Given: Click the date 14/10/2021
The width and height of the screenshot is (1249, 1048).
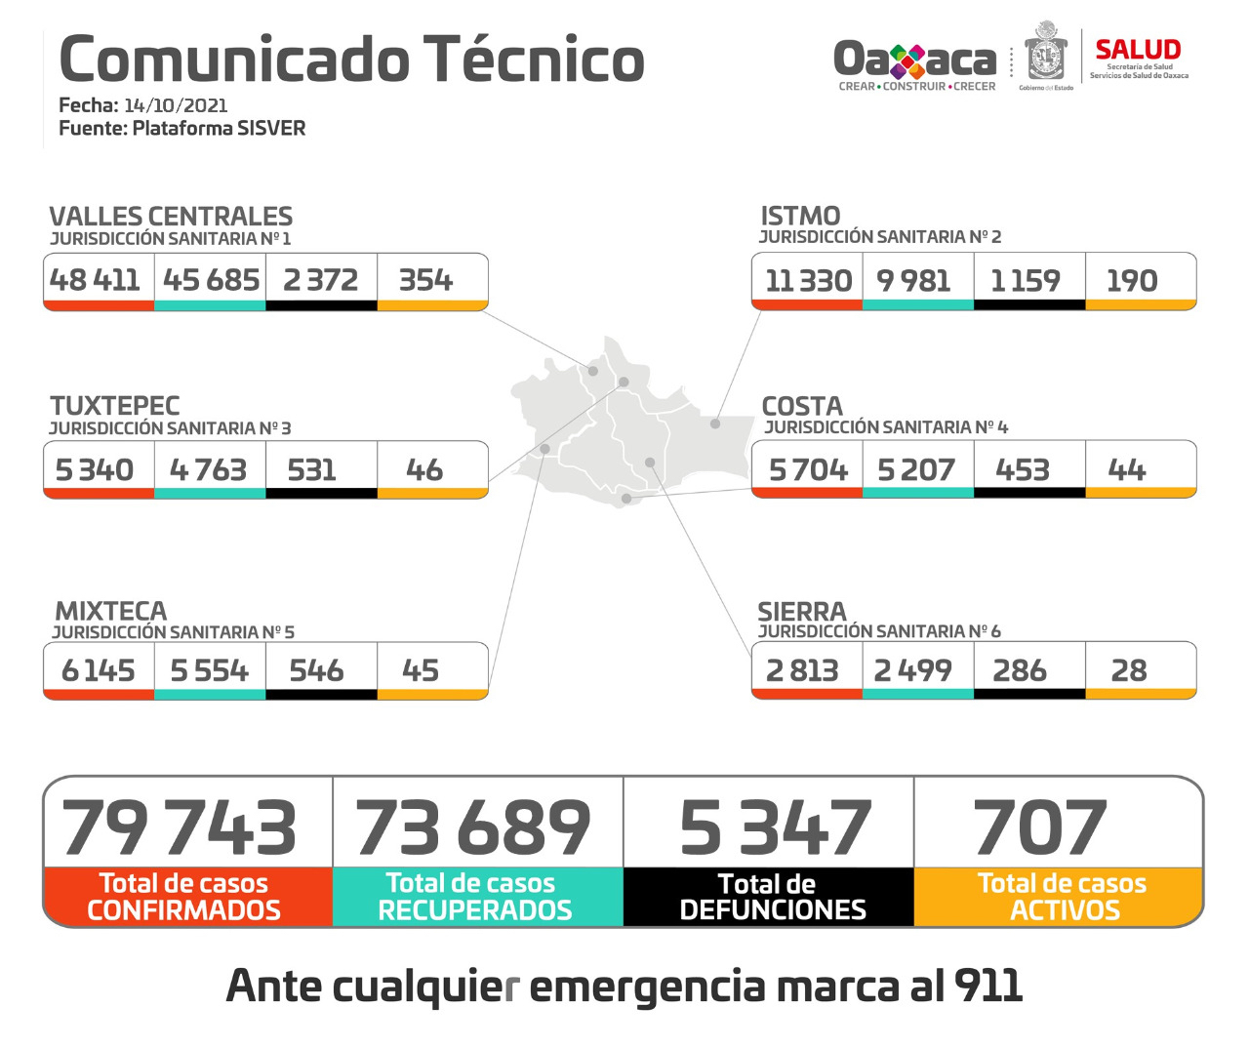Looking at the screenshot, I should click(x=176, y=105).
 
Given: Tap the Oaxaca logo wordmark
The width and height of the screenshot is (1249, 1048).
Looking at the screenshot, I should click(x=914, y=60).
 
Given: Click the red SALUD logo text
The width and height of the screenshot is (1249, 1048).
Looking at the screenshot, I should click(x=1138, y=50).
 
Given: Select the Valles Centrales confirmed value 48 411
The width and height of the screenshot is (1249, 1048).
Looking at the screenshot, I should click(x=96, y=280).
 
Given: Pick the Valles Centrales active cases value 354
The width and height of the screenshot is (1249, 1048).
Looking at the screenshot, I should click(x=426, y=280).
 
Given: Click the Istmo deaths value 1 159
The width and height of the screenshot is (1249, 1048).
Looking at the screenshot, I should click(x=1025, y=281).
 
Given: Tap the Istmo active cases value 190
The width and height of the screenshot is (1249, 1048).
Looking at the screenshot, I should click(x=1132, y=281).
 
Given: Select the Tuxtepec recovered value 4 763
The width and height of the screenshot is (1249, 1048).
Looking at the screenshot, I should click(x=208, y=470).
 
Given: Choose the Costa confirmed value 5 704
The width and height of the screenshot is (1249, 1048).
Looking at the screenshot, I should click(x=808, y=470).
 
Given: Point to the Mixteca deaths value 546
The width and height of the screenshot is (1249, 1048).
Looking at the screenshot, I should click(x=316, y=670).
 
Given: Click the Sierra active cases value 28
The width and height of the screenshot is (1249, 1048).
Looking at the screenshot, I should click(x=1129, y=670).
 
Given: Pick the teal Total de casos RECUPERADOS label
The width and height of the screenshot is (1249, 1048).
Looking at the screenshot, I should click(x=475, y=897).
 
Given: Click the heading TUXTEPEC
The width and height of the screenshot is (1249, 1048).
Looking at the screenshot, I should click(x=115, y=406).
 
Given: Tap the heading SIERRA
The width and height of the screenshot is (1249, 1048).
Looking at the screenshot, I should click(x=802, y=612).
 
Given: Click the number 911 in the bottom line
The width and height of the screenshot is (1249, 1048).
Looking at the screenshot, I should click(x=988, y=987).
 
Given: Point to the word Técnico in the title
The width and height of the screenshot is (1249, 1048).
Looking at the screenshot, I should click(x=534, y=60).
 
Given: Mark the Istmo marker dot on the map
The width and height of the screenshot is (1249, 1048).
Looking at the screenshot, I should click(x=715, y=423).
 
